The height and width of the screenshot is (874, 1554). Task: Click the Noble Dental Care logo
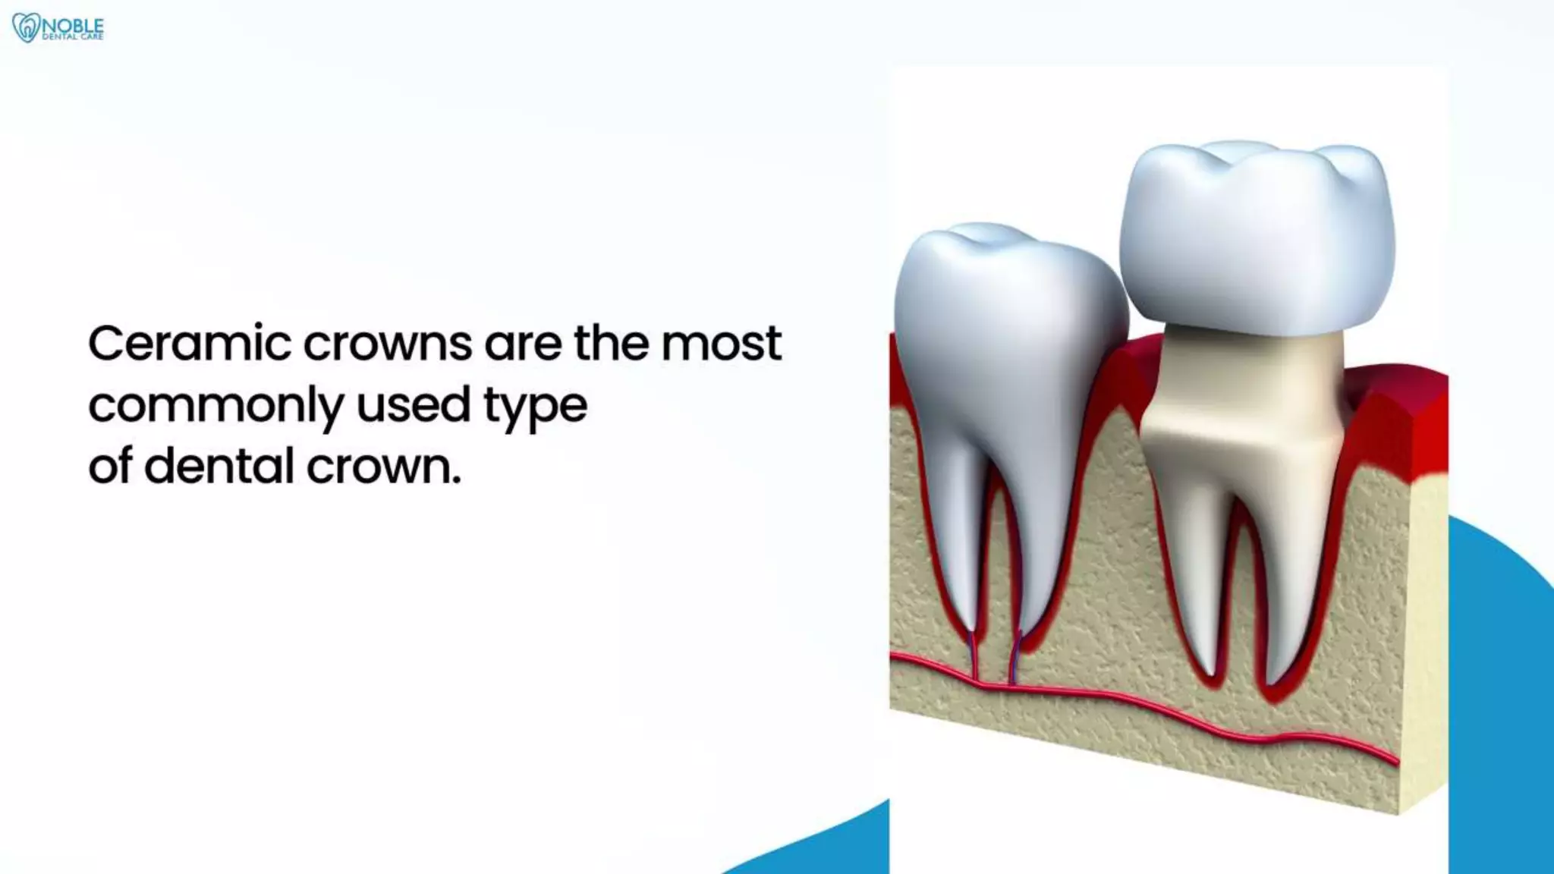pyautogui.click(x=58, y=28)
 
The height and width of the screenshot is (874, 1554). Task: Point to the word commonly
pyautogui.click(x=215, y=407)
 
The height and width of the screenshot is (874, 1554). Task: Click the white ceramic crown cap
pyautogui.click(x=1256, y=235)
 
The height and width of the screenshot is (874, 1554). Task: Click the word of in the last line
pyautogui.click(x=110, y=465)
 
